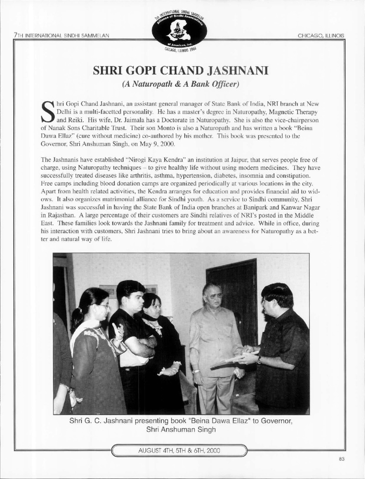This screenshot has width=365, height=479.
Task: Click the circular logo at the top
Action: pos(182,29)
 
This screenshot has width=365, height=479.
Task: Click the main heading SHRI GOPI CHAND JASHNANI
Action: pos(182,72)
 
